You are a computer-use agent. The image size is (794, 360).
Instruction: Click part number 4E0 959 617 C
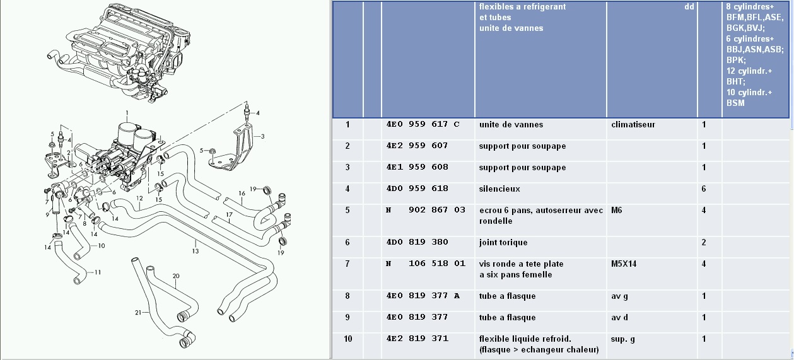pos(423,124)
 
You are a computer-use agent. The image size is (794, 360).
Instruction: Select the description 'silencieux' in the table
pos(499,189)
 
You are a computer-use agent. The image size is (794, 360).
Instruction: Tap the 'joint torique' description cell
pos(503,242)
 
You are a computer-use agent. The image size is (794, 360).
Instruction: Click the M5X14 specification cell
pos(624,264)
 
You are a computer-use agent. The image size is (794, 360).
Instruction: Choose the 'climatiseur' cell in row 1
pos(633,125)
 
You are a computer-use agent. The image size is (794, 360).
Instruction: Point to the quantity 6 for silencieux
pos(704,189)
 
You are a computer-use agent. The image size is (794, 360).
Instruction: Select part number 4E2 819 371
pos(417,339)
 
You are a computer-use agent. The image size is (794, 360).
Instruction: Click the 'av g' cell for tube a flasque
pos(619,296)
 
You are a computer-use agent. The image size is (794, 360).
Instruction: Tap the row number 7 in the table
pos(347,264)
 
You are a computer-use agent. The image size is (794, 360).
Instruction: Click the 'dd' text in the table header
pos(689,7)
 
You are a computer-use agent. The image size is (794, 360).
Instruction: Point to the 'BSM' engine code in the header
pos(735,103)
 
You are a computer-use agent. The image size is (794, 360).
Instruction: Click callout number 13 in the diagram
pos(196,251)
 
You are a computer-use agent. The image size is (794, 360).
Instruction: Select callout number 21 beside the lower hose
pos(138,313)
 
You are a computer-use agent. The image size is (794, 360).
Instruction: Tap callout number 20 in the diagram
pos(176,276)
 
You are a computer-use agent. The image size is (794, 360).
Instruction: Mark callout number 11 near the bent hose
pos(98,272)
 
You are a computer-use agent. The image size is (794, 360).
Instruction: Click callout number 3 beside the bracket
pos(262,136)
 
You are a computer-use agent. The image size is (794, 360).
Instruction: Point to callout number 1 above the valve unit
pos(127,113)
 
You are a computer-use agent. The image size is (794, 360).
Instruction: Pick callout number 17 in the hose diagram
pos(229,215)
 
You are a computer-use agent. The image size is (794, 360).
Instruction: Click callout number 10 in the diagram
pos(102,245)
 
